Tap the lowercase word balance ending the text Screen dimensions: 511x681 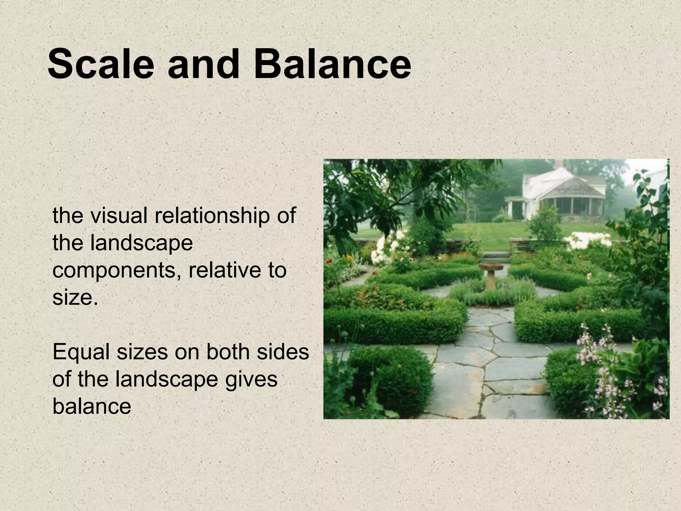coord(92,407)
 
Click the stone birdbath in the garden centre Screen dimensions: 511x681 coord(491,273)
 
